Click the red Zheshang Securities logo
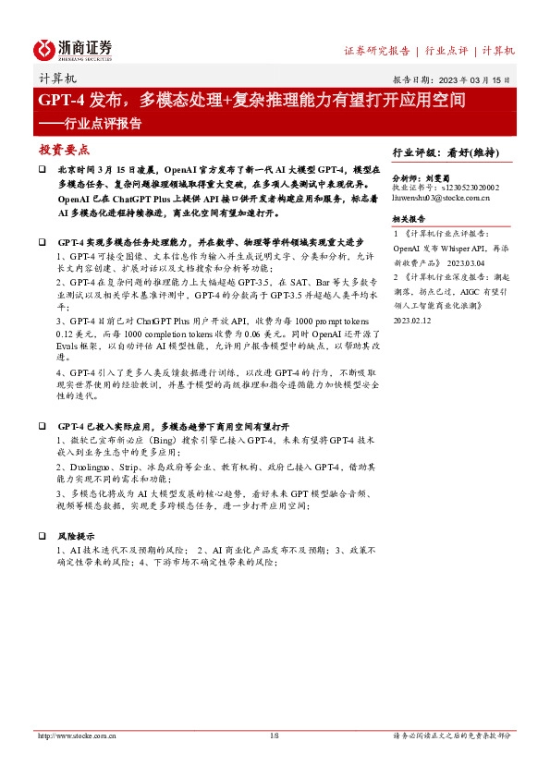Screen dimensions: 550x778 (x=73, y=48)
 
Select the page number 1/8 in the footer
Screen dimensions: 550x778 (x=274, y=735)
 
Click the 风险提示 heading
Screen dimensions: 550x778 (x=76, y=535)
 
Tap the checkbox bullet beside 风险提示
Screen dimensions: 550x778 (x=42, y=535)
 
